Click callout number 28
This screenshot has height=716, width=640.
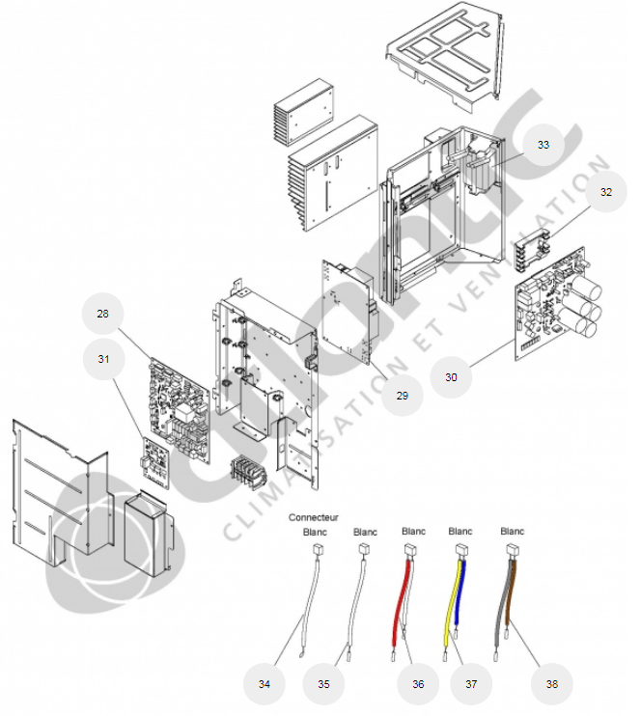104,314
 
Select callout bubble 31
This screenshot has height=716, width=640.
104,359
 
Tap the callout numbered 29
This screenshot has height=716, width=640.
402,395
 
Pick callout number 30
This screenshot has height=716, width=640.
451,377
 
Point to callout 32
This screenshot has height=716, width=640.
605,192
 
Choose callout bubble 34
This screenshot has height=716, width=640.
264,683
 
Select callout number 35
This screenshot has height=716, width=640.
323,683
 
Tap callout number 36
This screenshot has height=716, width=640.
418,683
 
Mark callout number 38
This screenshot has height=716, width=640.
551,683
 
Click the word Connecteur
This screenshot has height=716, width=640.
313,518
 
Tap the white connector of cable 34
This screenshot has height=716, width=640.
315,550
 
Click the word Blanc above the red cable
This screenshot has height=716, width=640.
413,532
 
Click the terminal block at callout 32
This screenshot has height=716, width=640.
531,253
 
